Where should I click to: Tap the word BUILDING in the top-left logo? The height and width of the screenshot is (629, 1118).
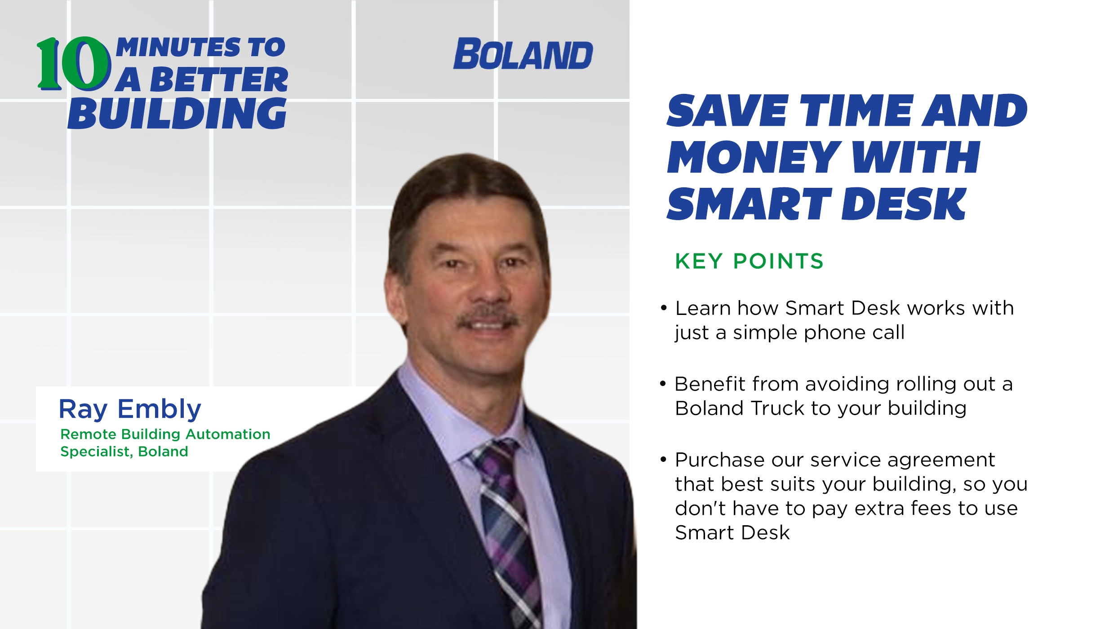pyautogui.click(x=177, y=114)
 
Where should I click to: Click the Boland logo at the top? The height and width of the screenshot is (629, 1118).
pyautogui.click(x=523, y=54)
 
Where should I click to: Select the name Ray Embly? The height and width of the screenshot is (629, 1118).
pyautogui.click(x=130, y=409)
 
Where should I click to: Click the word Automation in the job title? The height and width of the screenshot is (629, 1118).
pyautogui.click(x=228, y=434)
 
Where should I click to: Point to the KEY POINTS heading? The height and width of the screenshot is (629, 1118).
pyautogui.click(x=749, y=261)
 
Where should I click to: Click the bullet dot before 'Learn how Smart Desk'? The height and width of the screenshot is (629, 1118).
pyautogui.click(x=664, y=308)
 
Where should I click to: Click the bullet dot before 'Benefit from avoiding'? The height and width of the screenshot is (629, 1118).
pyautogui.click(x=663, y=384)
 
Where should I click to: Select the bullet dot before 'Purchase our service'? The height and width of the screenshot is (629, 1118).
pyautogui.click(x=663, y=459)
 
